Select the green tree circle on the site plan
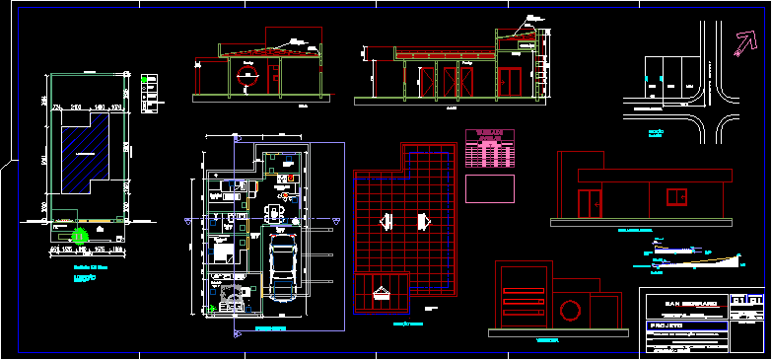coord(80,235)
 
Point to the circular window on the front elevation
coord(569,312)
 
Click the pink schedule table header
coord(490,134)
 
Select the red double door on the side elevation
coord(593,204)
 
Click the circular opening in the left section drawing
coord(247,80)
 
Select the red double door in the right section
coord(511,83)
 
